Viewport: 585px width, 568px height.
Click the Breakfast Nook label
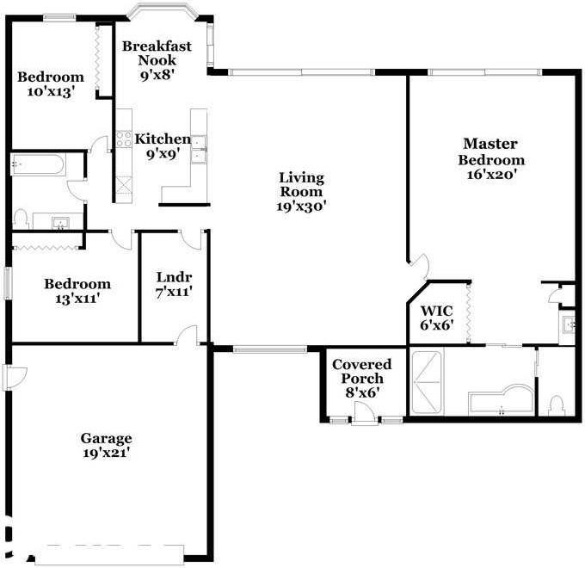pos(156,53)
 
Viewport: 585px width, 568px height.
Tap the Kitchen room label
pos(163,139)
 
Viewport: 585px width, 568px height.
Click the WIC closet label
pos(435,312)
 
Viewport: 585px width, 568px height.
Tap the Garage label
pos(107,437)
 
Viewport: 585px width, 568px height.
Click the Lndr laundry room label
pos(174,277)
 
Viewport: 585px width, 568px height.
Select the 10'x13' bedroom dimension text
pos(51,91)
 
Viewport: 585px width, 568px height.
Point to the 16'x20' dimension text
pos(490,175)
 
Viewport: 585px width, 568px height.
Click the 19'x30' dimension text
pos(301,207)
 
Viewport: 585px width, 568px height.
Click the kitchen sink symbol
pos(199,147)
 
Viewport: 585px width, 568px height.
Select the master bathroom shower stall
pos(428,380)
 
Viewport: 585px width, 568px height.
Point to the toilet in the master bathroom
pos(556,404)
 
